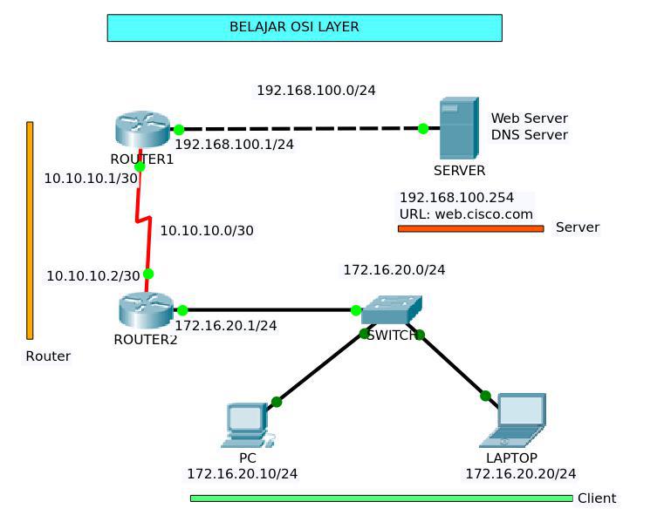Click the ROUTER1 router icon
coord(141,130)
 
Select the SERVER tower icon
coord(458,128)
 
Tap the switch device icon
coord(391,309)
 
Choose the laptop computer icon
coord(518,421)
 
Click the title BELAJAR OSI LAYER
coord(294,27)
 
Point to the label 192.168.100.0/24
coord(316,90)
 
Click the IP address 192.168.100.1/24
coord(234,145)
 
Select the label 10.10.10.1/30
coord(91,178)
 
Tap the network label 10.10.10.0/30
coord(207,230)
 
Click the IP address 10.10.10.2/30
coord(92,275)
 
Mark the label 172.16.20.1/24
coord(226,325)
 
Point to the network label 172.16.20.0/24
coord(394,270)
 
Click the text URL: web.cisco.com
coord(466,214)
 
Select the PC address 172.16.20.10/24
coord(242,473)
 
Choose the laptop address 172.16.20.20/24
coord(520,473)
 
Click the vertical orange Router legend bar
coord(30,230)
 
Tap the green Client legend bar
coord(381,498)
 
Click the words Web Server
coord(529,118)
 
